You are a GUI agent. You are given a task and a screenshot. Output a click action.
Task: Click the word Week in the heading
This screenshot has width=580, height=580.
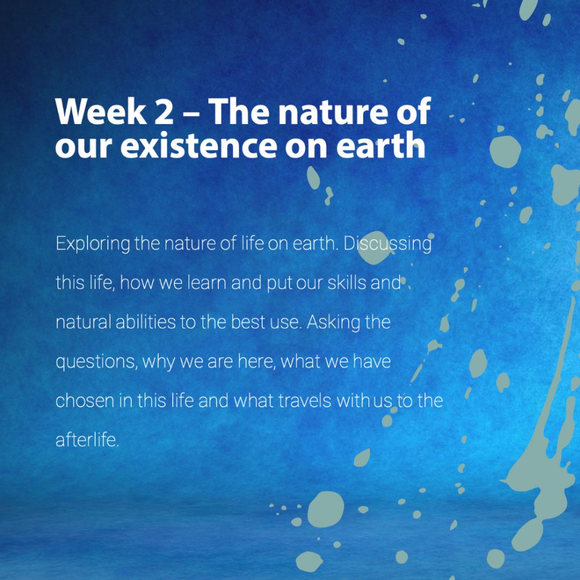pos(100,111)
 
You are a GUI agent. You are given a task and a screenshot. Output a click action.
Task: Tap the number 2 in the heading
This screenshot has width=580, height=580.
pos(164,112)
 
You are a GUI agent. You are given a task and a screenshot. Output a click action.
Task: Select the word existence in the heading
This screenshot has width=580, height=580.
pos(198,146)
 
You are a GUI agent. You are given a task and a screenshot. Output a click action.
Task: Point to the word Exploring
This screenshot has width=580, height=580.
pos(93,244)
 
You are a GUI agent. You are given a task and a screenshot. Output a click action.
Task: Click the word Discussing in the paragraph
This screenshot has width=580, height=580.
pos(387,244)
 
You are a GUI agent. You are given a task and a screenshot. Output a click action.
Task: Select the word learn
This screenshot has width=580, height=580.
pos(206,283)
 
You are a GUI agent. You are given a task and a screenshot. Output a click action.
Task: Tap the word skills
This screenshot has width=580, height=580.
pos(347,283)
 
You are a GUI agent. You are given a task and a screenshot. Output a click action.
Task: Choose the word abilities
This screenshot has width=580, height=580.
pos(146,322)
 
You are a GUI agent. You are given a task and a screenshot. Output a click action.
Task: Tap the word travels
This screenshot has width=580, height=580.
pos(304,401)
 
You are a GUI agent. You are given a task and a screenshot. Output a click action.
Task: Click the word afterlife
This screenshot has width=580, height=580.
pos(88,440)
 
